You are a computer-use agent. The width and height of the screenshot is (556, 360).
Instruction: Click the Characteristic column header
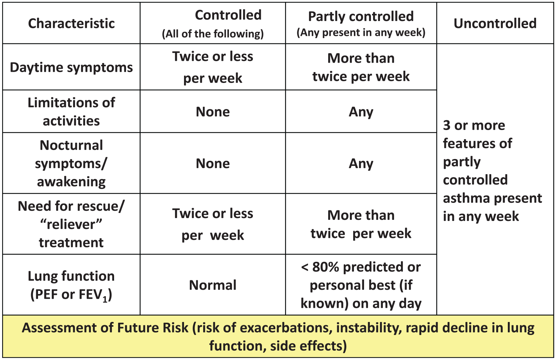[x=71, y=24]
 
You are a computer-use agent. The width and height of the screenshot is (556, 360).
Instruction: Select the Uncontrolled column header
[x=495, y=24]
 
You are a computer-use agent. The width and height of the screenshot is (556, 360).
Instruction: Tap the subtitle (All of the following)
[x=213, y=34]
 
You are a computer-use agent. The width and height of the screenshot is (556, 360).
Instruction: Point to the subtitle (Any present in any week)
[x=361, y=33]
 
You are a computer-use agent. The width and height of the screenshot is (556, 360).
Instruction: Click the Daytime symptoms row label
[x=71, y=67]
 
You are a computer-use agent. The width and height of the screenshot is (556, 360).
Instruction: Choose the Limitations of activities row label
[x=71, y=112]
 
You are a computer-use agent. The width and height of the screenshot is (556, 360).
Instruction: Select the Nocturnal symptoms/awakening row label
[x=71, y=163]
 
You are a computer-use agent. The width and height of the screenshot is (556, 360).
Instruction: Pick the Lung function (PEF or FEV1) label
[x=71, y=285]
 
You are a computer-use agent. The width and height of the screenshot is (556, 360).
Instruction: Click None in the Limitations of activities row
[x=213, y=112]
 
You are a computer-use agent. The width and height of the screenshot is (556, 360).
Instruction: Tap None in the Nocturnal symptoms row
[x=213, y=163]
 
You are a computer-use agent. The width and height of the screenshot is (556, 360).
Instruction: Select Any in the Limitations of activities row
[x=361, y=112]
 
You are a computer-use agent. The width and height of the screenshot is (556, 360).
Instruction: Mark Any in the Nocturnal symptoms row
[x=361, y=164]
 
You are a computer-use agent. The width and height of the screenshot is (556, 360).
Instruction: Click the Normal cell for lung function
[x=213, y=285]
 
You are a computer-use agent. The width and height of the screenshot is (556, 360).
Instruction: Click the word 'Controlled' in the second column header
[x=228, y=15]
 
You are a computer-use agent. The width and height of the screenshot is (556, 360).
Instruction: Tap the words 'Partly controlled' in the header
[x=361, y=17]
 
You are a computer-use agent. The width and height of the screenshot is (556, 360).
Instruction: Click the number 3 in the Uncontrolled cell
[x=447, y=126]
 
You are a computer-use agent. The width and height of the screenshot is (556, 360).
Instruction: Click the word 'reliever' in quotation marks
[x=71, y=225]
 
